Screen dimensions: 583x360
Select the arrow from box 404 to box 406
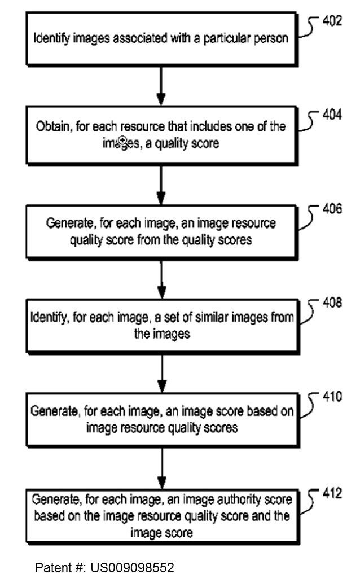[161, 184]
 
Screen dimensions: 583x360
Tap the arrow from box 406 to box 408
[161, 278]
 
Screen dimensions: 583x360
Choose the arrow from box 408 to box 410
[161, 372]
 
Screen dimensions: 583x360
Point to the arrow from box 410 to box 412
[161, 468]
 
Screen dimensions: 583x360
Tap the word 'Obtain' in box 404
[52, 127]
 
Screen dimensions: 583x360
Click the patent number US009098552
[132, 567]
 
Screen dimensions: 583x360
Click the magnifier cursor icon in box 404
[122, 141]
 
